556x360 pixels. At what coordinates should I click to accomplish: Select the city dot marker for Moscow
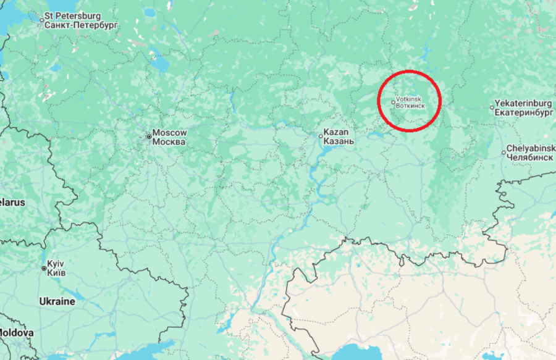[x=149, y=136]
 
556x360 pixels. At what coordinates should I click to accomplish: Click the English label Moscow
[x=169, y=133]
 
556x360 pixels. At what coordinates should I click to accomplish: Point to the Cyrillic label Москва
[x=169, y=142]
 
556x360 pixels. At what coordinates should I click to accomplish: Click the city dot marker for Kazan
[x=320, y=136]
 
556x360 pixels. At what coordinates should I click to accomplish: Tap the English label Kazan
[x=336, y=132]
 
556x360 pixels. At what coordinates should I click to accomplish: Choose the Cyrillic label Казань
[x=339, y=141]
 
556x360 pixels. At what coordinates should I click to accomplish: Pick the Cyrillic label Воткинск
[x=410, y=106]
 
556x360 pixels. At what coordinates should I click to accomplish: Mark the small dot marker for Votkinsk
[x=394, y=103]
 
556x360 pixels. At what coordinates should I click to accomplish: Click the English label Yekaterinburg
[x=523, y=103]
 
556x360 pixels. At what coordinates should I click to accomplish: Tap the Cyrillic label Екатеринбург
[x=523, y=113]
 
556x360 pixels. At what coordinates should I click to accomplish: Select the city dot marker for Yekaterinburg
[x=492, y=108]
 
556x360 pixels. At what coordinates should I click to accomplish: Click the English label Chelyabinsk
[x=530, y=148]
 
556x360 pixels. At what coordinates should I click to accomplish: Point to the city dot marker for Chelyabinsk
[x=503, y=152]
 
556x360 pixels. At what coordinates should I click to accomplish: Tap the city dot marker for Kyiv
[x=44, y=268]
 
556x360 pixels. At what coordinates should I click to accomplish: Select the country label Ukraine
[x=57, y=302]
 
